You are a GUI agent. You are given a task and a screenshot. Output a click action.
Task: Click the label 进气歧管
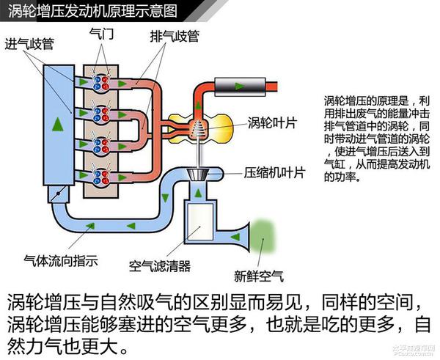coord(29,43)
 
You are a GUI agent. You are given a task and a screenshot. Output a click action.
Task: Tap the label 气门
coord(100,34)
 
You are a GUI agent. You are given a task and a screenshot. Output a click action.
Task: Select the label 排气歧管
coord(174,35)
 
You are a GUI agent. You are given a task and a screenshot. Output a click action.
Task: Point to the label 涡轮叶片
coord(271,122)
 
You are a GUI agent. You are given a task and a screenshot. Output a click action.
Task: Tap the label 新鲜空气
coord(258,276)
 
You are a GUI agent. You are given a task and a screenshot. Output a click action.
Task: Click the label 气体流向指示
coord(61,260)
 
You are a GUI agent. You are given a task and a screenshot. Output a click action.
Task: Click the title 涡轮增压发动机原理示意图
coord(98,10)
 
